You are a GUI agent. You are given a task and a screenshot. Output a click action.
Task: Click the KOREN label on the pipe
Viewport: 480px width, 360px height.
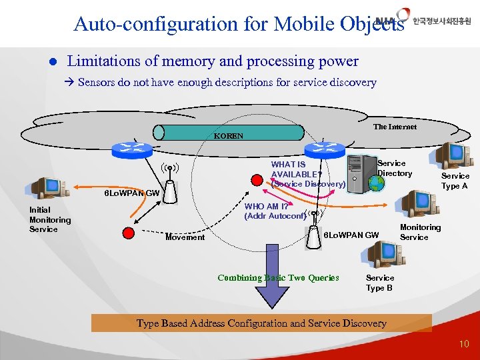(x=229, y=136)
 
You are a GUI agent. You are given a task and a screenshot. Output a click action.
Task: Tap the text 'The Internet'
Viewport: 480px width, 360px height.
(x=395, y=127)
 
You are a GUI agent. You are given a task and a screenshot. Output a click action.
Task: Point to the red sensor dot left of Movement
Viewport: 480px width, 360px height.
(x=129, y=233)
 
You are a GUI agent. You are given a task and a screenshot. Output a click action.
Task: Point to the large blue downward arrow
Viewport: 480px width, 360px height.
(x=273, y=273)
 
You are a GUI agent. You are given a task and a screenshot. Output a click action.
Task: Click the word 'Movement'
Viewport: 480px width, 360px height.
(x=185, y=237)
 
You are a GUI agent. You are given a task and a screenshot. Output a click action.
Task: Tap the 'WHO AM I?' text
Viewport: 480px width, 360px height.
(x=261, y=207)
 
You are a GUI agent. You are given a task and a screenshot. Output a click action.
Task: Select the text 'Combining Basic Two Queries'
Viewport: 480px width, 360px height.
(x=278, y=278)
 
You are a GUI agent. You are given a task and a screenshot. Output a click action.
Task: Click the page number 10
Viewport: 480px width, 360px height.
(x=464, y=344)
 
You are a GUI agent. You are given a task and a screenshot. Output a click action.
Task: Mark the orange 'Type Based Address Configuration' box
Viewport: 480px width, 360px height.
(x=261, y=323)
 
